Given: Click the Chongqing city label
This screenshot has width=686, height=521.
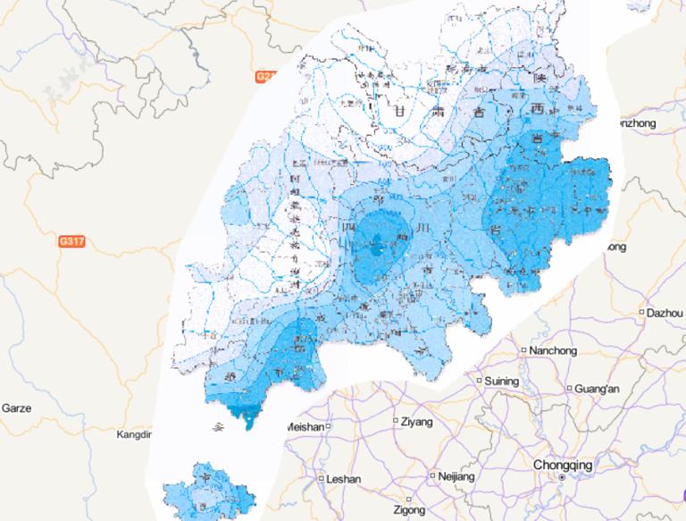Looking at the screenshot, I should pyautogui.click(x=562, y=465).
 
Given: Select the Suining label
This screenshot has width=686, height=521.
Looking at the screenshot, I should pyautogui.click(x=502, y=382).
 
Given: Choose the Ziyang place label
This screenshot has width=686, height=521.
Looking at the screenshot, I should pyautogui.click(x=417, y=421).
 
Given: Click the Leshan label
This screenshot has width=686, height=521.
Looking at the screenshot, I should pyautogui.click(x=344, y=479).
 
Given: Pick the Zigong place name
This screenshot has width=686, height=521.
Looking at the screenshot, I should pyautogui.click(x=410, y=509).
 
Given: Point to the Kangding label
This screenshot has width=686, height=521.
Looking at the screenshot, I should pyautogui.click(x=136, y=435).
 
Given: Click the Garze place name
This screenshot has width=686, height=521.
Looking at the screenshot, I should pyautogui.click(x=16, y=408).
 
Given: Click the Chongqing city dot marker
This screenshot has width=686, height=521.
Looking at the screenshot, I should pyautogui.click(x=561, y=478).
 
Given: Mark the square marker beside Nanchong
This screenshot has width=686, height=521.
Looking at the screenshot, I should pyautogui.click(x=523, y=349).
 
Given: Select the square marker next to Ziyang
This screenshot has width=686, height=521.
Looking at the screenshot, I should pyautogui.click(x=395, y=420).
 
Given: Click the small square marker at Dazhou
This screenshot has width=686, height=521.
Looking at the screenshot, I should pyautogui.click(x=642, y=313).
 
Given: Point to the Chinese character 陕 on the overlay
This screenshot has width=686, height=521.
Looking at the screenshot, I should pyautogui.click(x=538, y=79).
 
